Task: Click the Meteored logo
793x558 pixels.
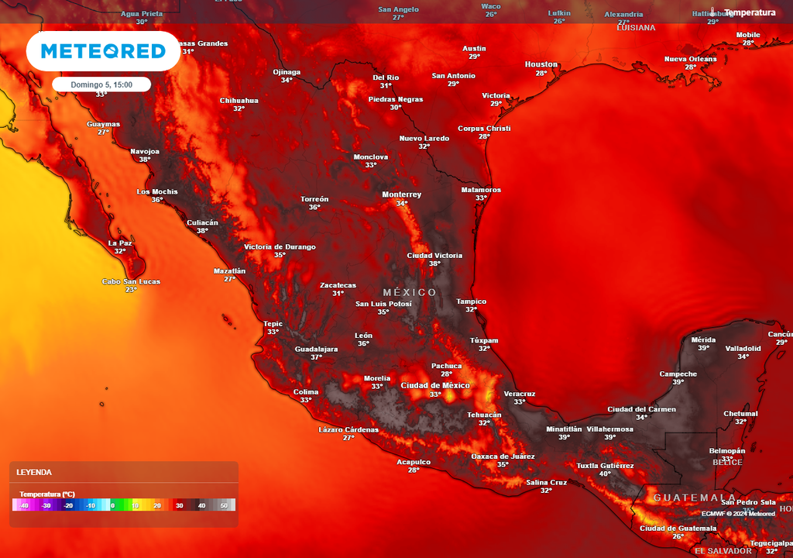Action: [103, 51]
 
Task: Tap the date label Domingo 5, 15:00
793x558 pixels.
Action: [101, 84]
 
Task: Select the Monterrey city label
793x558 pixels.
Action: [401, 195]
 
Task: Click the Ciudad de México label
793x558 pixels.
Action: [435, 385]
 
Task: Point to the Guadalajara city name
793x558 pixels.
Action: [316, 349]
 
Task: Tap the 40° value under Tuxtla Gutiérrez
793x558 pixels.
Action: [605, 474]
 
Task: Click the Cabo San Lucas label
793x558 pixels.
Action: [131, 281]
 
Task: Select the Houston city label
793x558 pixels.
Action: [541, 64]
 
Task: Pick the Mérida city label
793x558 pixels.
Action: [703, 339]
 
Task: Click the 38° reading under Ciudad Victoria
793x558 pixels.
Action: [434, 263]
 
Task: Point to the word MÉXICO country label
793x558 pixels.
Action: [410, 292]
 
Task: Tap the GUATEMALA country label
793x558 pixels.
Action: [695, 498]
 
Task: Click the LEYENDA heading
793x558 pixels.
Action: [34, 472]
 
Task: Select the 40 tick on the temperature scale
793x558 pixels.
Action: [202, 505]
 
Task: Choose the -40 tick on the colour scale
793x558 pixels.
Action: [24, 505]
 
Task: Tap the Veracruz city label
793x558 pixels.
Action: [519, 394]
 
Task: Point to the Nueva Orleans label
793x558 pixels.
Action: [691, 59]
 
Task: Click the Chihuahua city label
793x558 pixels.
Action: [239, 101]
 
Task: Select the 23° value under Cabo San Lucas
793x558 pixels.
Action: [131, 290]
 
